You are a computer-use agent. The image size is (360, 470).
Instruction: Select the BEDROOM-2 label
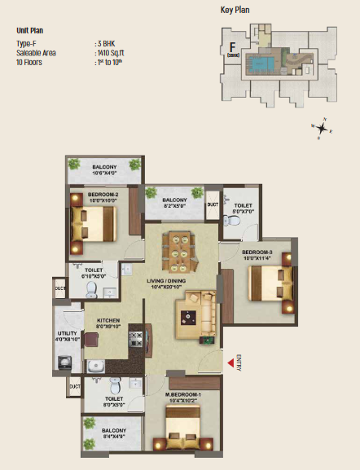click(x=105, y=195)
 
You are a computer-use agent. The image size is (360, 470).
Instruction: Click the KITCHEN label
click(x=108, y=321)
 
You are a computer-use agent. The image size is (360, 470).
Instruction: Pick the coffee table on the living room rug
click(x=191, y=315)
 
